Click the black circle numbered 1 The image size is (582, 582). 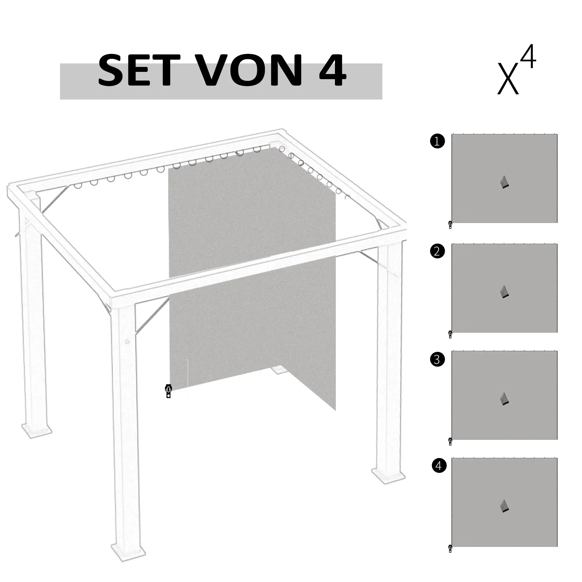click(437, 141)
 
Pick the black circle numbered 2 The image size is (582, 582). click(437, 251)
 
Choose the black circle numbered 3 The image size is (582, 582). click(437, 359)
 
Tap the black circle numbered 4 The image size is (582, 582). click(439, 465)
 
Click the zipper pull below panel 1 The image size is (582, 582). click(450, 225)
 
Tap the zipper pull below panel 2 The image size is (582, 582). click(450, 335)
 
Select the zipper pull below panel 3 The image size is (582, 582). click(450, 442)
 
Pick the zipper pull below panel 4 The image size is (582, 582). click(450, 549)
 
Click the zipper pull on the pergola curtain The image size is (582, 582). click(168, 391)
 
